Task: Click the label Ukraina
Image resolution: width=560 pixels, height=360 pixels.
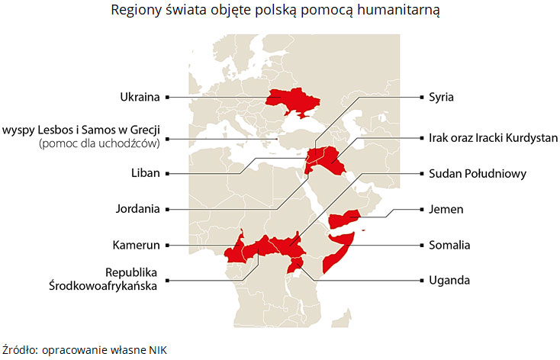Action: click(x=140, y=97)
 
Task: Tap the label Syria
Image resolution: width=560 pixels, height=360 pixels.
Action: click(x=442, y=97)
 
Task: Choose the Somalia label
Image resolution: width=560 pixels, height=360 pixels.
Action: click(x=449, y=245)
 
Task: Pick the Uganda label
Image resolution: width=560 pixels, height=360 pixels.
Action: click(x=449, y=280)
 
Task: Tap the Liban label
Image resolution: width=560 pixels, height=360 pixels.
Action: click(x=145, y=173)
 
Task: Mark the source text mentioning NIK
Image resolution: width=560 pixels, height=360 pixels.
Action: click(x=84, y=349)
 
